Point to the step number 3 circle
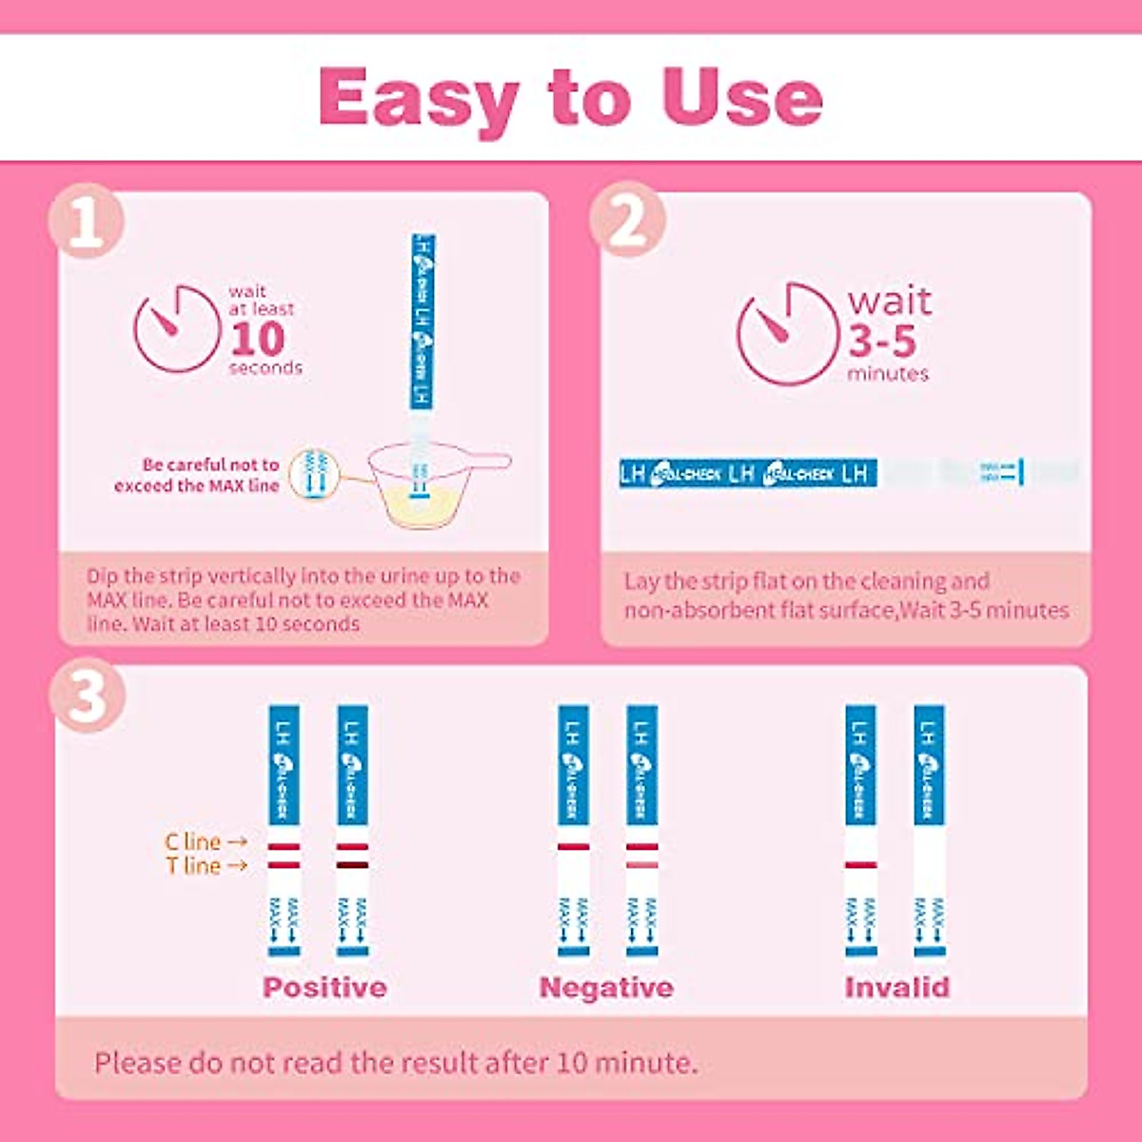[88, 696]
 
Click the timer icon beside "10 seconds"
[177, 329]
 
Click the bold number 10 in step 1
[257, 340]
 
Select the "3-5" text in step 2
[882, 341]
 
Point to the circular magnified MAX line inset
[314, 473]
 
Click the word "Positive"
[325, 987]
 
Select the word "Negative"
[606, 987]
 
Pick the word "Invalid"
[896, 987]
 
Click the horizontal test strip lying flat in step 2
[847, 473]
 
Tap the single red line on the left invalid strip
[860, 865]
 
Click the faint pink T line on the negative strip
[641, 865]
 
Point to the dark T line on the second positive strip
[352, 865]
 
